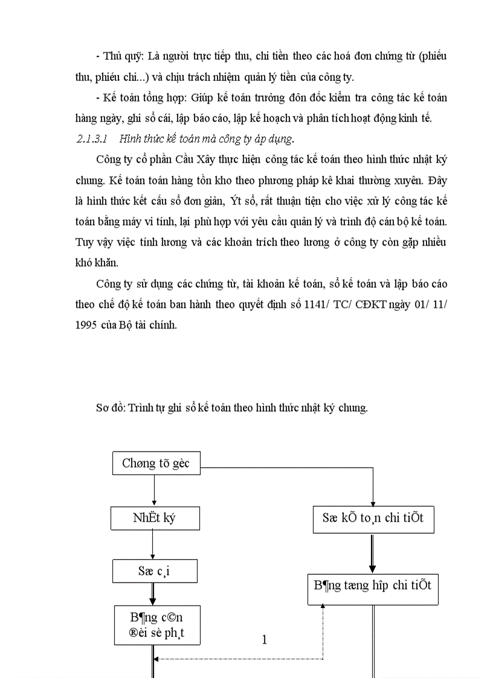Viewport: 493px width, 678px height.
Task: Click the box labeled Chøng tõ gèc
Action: [x=156, y=464]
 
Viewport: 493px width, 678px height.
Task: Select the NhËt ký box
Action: [x=155, y=518]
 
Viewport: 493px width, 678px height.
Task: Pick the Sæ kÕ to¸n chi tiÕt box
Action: [x=373, y=519]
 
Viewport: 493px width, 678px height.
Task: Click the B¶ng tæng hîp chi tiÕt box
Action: [x=372, y=585]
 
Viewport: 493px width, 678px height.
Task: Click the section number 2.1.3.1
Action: [x=92, y=139]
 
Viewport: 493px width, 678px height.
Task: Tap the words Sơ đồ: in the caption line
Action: [x=111, y=408]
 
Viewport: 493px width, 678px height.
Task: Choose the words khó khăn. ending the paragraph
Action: [x=98, y=263]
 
